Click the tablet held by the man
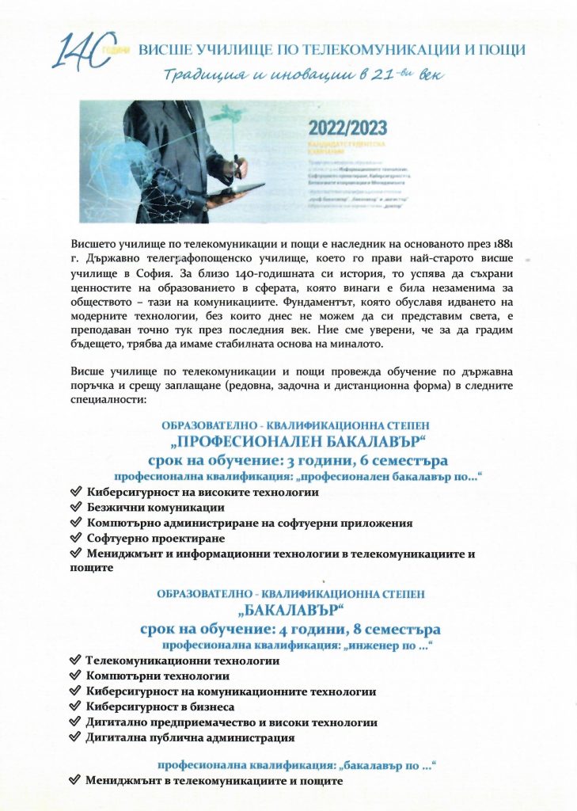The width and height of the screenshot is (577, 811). (x=237, y=188)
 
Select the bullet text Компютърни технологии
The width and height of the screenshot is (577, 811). (x=158, y=676)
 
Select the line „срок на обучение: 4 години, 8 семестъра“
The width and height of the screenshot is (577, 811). (x=290, y=629)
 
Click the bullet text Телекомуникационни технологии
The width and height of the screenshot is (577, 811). (x=182, y=660)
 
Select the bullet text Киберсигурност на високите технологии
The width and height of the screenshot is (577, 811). (x=203, y=492)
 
